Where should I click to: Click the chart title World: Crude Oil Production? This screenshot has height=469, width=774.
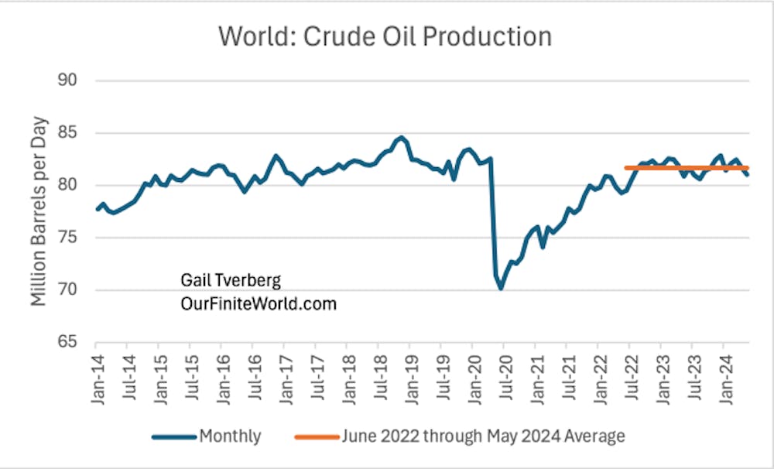tap(385, 36)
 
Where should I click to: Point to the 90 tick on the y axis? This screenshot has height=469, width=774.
tap(74, 80)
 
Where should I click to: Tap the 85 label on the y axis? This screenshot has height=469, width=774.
tap(74, 133)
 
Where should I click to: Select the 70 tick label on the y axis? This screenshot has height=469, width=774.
tap(74, 291)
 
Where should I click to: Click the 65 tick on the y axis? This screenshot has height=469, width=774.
tap(74, 343)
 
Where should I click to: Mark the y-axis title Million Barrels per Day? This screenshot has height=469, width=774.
tap(39, 211)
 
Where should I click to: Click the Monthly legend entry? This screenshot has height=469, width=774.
tap(230, 436)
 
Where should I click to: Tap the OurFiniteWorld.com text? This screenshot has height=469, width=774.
tap(259, 304)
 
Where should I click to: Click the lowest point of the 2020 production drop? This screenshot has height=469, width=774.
tap(502, 288)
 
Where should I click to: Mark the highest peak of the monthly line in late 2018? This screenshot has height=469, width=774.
tap(399, 138)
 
